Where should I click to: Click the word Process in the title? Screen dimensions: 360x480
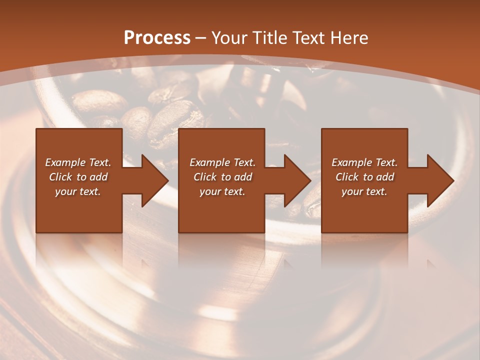coord(157,38)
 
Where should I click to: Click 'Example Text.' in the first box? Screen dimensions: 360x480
coord(78,162)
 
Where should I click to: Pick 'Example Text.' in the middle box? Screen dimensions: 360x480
coord(222,162)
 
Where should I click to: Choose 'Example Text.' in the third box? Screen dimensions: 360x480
coord(364,162)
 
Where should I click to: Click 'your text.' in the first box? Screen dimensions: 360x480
coord(78,191)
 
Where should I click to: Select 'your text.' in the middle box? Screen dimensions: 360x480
coord(222,191)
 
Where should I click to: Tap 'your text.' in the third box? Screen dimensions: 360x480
coord(364,191)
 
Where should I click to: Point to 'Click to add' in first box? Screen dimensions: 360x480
coord(78,177)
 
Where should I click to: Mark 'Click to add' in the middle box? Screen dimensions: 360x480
coord(222,177)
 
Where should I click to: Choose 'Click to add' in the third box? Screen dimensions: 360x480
coord(364,177)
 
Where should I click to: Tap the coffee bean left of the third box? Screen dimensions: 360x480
coord(310,202)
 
